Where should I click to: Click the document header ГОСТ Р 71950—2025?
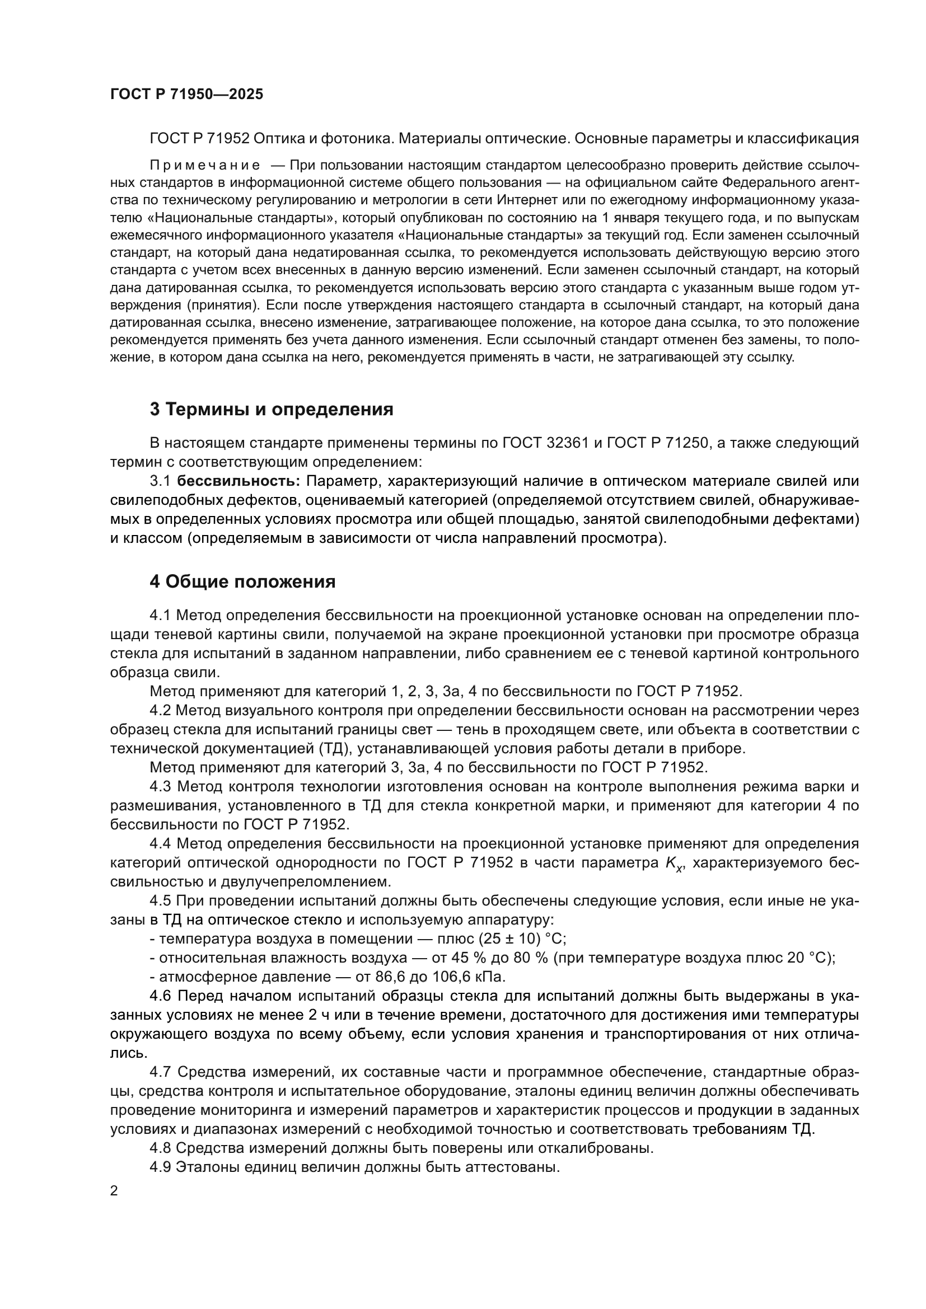tap(186, 95)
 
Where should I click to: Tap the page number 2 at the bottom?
tap(114, 1191)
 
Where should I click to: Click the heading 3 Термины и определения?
tap(272, 409)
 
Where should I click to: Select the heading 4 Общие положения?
tap(242, 582)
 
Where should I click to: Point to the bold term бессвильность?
tap(238, 481)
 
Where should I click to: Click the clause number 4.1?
tap(160, 616)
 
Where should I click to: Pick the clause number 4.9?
tap(160, 1167)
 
